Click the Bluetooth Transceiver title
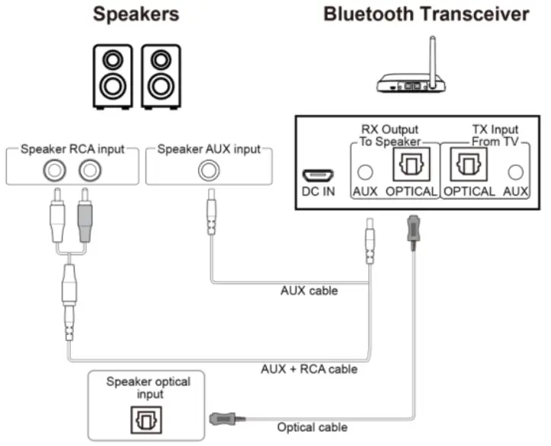coord(425,14)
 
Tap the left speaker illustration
coord(113,76)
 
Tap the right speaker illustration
coord(161,76)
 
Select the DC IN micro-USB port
coord(319,172)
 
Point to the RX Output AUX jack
coord(365,172)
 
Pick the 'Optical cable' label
coord(312,427)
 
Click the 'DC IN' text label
coord(318,191)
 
